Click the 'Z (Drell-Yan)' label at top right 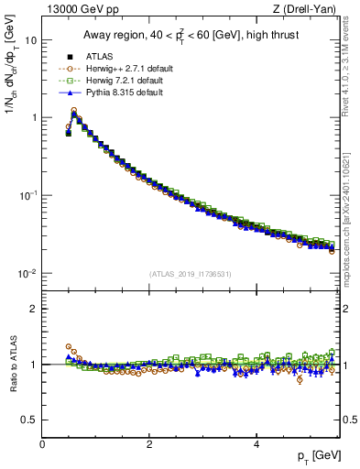pyautogui.click(x=308, y=10)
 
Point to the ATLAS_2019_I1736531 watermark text pyautogui.click(x=190, y=274)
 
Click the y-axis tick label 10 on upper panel pyautogui.click(x=30, y=41)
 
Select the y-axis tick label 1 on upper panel pyautogui.click(x=33, y=118)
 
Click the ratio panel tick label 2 pyautogui.click(x=33, y=309)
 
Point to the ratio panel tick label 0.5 pyautogui.click(x=29, y=420)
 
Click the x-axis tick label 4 pyautogui.click(x=256, y=444)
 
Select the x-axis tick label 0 pyautogui.click(x=42, y=444)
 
